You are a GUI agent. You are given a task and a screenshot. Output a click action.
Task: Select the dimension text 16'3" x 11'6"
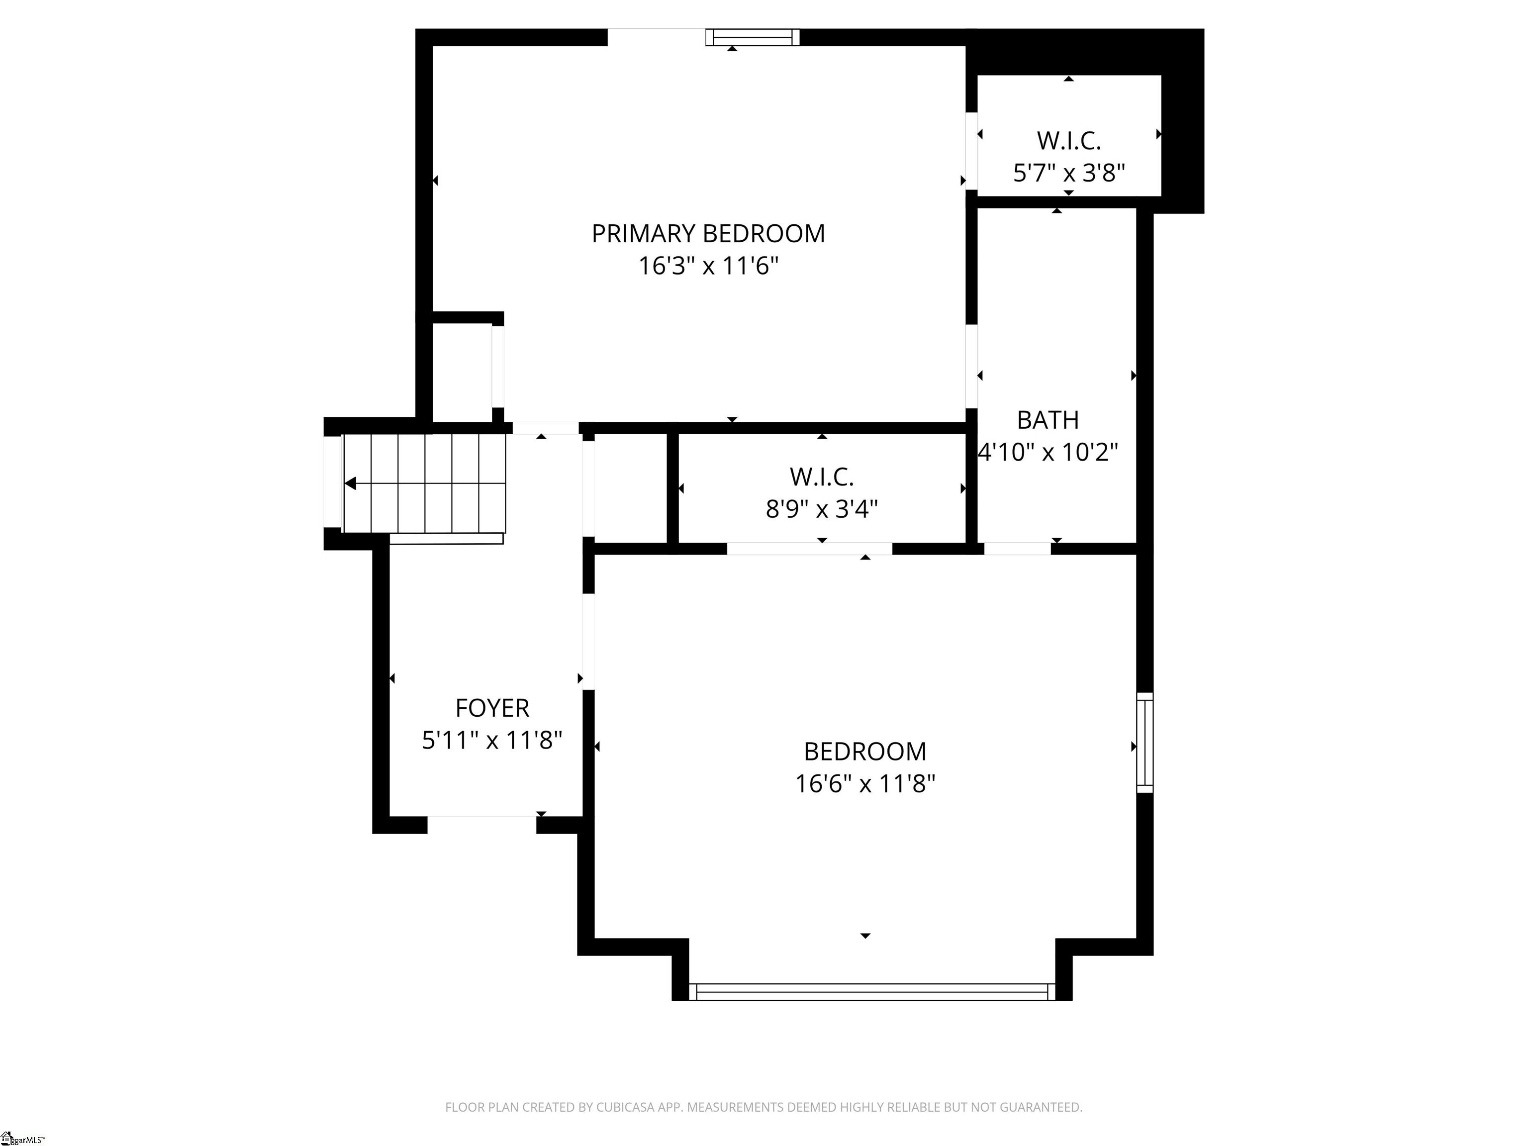click(x=708, y=266)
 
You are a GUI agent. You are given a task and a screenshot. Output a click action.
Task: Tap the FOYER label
click(x=492, y=708)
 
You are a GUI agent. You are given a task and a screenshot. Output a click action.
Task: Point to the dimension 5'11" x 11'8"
click(x=492, y=741)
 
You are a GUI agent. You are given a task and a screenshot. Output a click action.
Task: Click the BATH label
click(x=1047, y=420)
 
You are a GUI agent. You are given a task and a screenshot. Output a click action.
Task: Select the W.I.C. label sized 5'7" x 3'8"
click(x=1068, y=141)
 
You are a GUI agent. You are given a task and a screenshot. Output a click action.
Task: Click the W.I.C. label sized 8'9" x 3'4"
click(x=821, y=477)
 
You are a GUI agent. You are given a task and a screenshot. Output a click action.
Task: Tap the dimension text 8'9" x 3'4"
click(x=821, y=510)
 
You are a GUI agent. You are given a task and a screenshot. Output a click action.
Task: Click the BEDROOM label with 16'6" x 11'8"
click(x=865, y=752)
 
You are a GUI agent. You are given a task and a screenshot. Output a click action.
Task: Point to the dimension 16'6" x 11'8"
click(x=865, y=784)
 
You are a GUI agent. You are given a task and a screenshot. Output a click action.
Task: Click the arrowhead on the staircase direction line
click(x=350, y=483)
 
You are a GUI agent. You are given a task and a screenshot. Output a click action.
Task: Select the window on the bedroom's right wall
click(x=1145, y=743)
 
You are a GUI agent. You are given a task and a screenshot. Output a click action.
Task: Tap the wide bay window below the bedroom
click(x=872, y=992)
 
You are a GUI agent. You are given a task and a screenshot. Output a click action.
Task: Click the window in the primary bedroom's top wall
click(x=752, y=37)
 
